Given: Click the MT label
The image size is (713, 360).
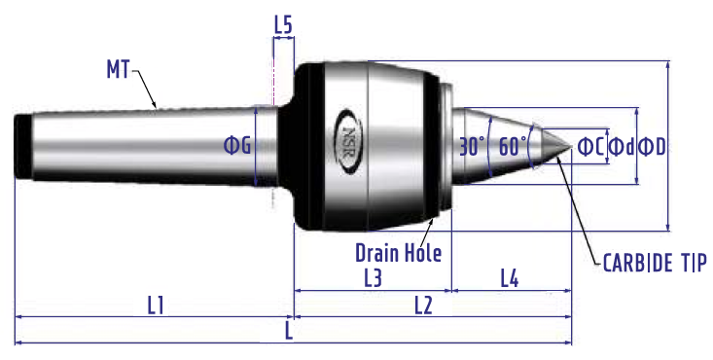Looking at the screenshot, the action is point(119,69).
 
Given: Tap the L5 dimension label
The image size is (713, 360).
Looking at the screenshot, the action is point(283,25).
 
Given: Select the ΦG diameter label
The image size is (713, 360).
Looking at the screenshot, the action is point(237,145).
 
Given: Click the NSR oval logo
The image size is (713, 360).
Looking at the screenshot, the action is point(348,141).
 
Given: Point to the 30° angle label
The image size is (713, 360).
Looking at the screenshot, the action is point(473,147).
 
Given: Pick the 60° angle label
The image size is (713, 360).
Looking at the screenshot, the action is point(513,147).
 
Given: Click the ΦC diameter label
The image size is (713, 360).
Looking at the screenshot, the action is point(590,147).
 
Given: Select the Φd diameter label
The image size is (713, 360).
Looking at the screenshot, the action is point(622,147).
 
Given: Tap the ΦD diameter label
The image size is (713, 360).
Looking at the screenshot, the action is point(652,147).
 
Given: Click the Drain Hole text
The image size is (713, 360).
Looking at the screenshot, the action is point(398,253).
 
